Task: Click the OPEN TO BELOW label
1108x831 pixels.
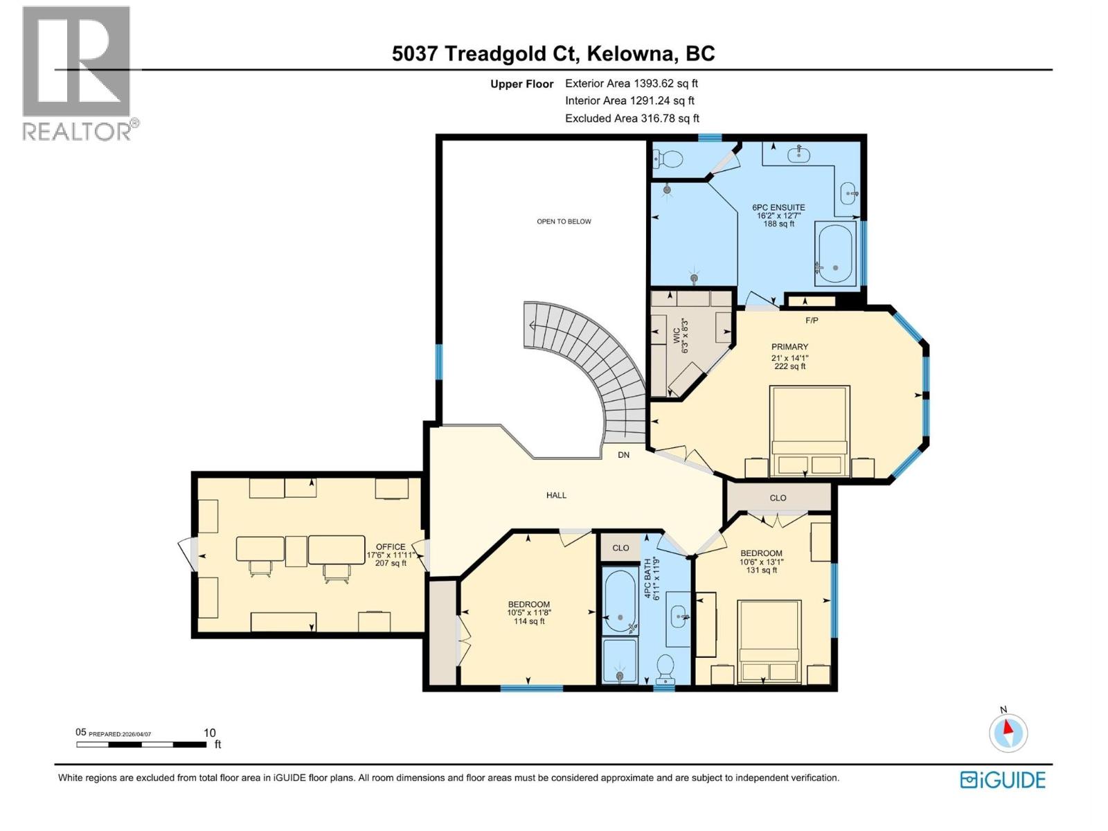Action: click(564, 222)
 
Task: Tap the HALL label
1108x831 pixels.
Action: click(556, 495)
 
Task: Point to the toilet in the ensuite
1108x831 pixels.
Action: click(668, 160)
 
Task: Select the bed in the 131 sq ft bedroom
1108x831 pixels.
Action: click(768, 641)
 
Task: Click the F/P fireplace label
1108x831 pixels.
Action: click(812, 320)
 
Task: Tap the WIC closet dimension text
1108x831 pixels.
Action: click(681, 336)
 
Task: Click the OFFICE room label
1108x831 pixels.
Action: click(390, 547)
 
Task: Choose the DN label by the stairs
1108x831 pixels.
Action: click(623, 455)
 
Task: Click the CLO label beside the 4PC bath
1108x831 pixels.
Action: click(620, 548)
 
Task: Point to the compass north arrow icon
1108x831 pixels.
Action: click(1008, 733)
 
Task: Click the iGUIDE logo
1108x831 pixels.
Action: click(1002, 780)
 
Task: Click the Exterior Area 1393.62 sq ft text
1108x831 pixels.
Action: click(631, 84)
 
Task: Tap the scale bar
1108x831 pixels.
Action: click(141, 744)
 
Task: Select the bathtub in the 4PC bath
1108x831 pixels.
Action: click(620, 600)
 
